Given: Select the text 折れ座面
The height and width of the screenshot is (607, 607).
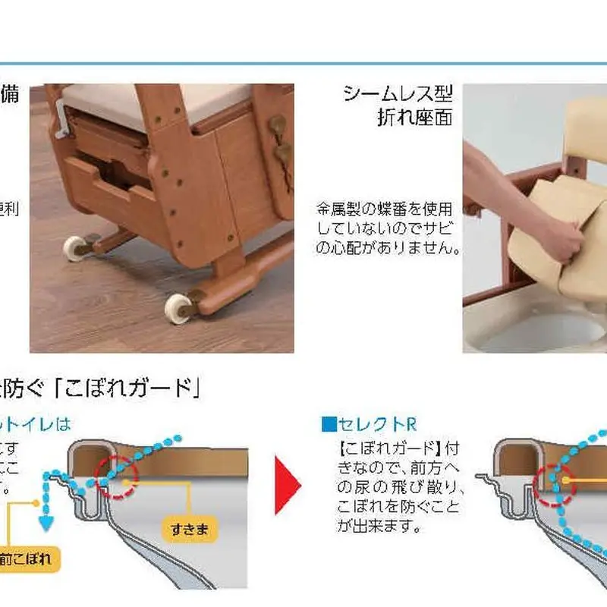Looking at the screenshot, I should (x=414, y=118).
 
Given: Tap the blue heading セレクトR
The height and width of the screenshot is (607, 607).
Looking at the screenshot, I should (x=370, y=424).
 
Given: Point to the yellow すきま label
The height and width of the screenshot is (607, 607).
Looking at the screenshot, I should (x=190, y=530).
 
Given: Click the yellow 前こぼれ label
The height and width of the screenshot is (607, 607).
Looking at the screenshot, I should (x=27, y=561).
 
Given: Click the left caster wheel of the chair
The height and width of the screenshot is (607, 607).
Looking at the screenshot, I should (x=74, y=247).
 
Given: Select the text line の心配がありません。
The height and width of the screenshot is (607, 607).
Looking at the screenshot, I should (x=389, y=248).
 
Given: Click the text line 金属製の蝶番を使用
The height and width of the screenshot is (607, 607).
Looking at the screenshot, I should (x=385, y=207).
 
